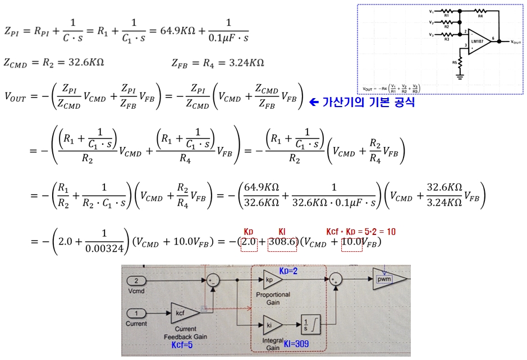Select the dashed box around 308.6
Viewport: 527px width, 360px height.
tap(282, 242)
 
